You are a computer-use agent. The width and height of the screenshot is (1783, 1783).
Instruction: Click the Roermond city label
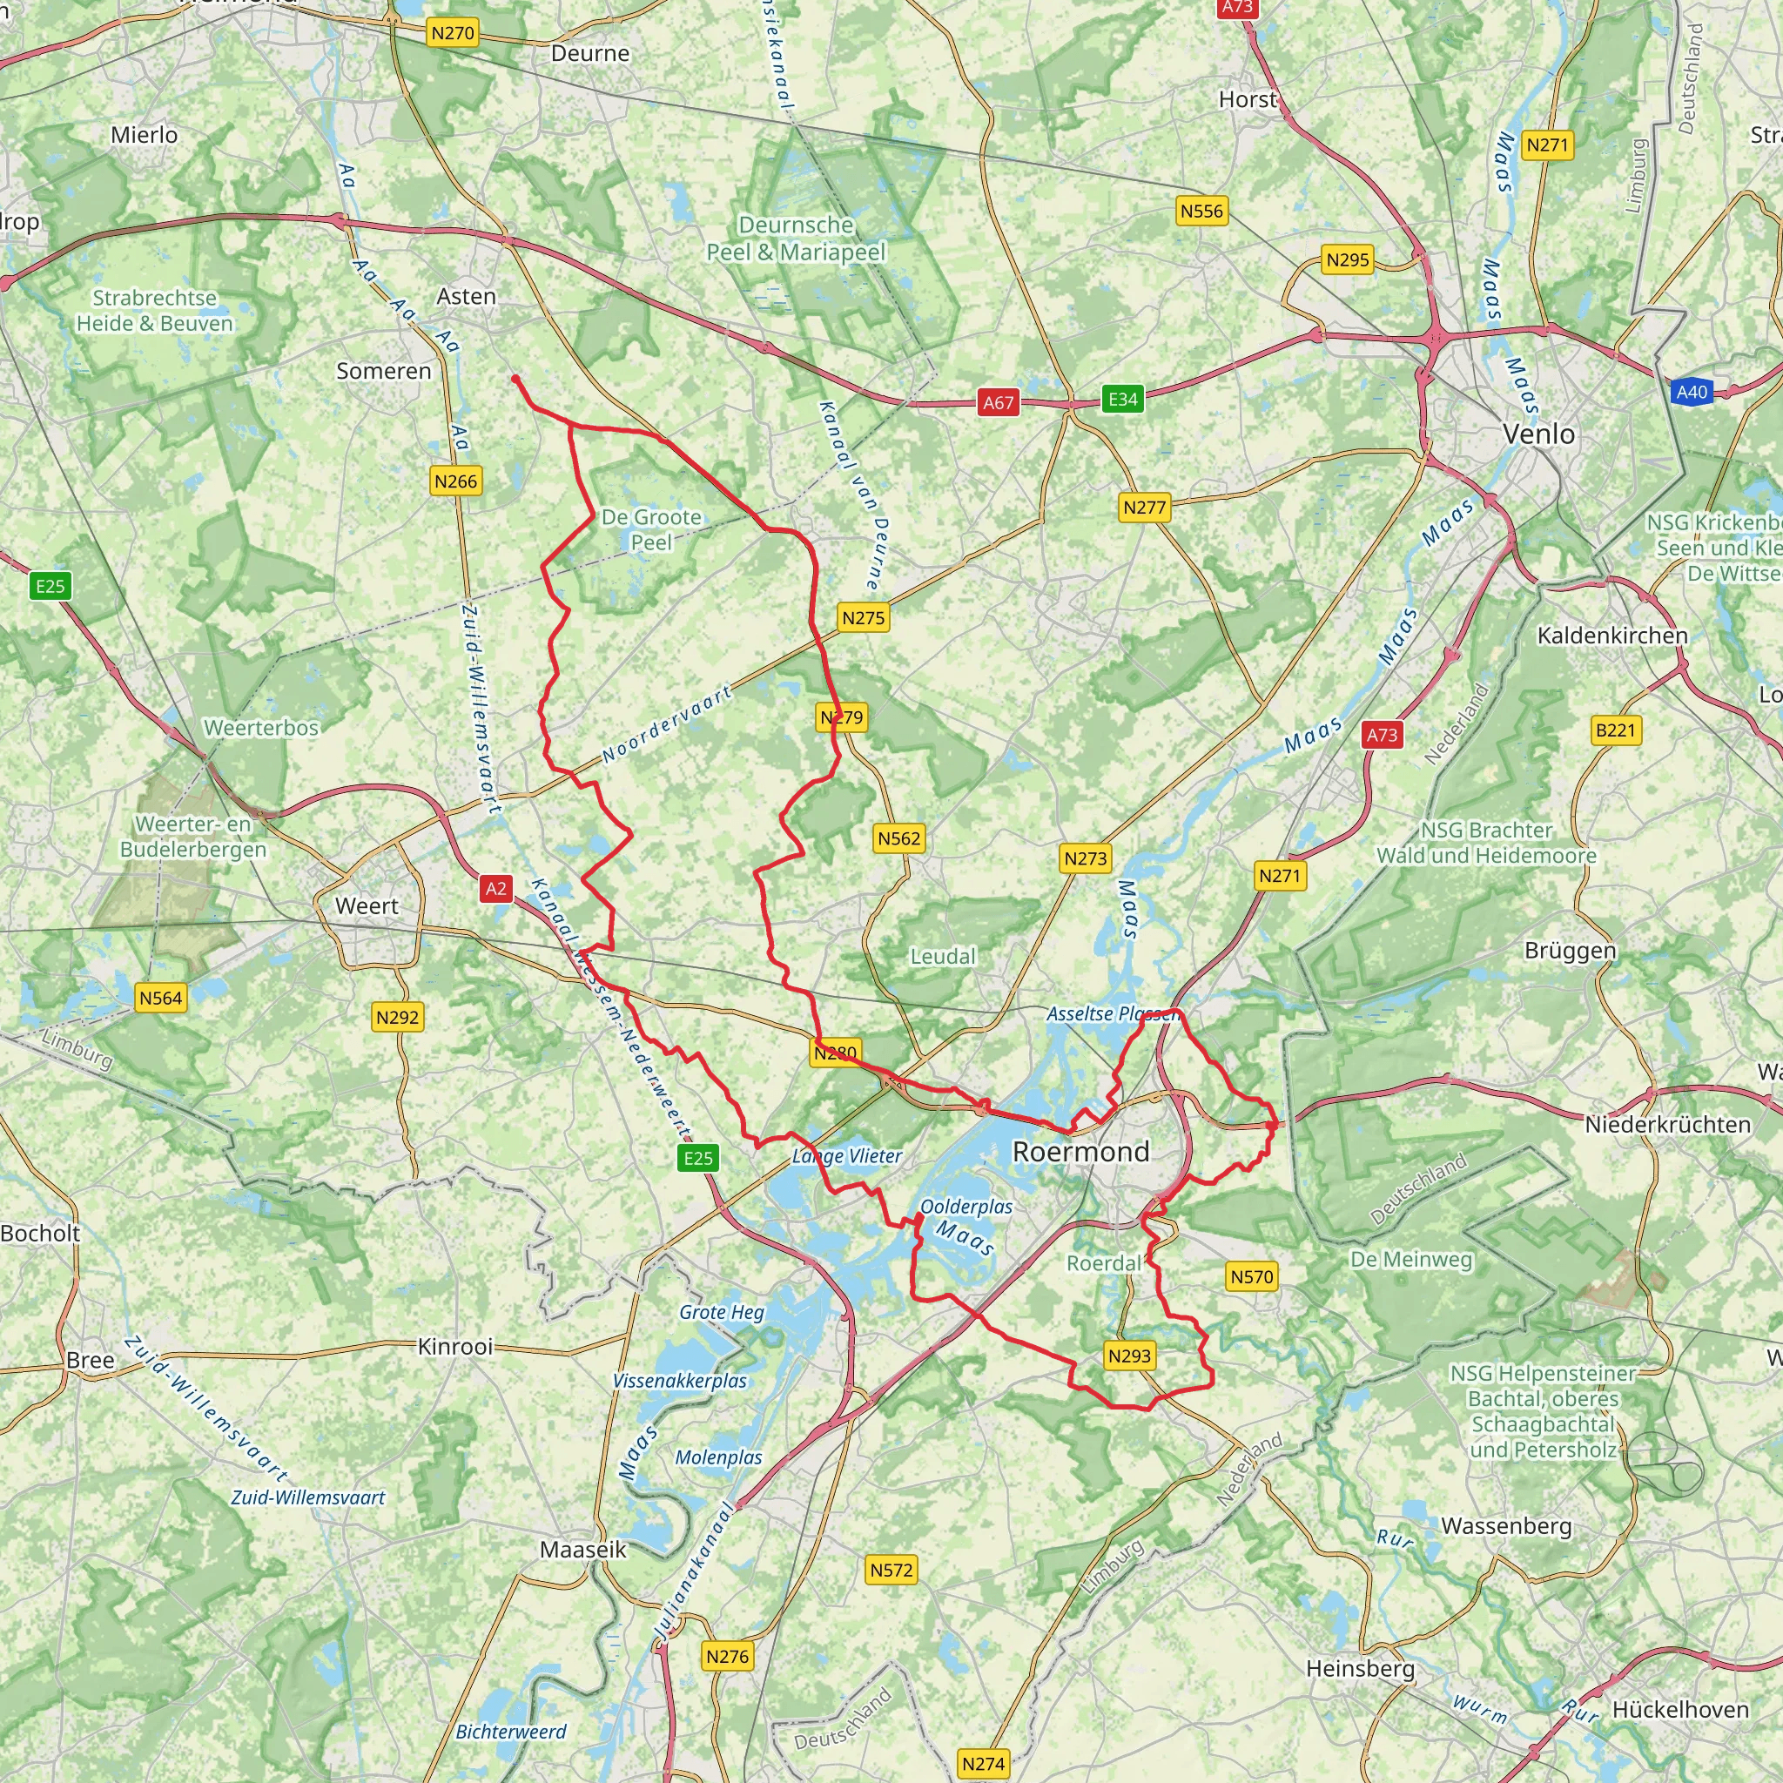[x=1080, y=1151]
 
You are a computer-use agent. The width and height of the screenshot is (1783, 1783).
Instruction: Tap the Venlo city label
[x=1538, y=434]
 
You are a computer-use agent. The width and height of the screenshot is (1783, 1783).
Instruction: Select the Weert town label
[x=367, y=905]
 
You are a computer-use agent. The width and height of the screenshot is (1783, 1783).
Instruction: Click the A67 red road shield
[x=998, y=402]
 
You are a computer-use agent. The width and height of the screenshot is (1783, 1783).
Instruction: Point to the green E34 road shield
[x=1122, y=399]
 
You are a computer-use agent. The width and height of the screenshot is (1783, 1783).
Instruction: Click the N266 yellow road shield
[x=456, y=481]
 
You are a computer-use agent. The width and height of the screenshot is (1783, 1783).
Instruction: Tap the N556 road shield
[x=1201, y=212]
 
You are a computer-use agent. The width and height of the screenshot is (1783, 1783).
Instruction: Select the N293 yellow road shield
[x=1129, y=1356]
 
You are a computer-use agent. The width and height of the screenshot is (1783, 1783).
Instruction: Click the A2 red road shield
[x=495, y=888]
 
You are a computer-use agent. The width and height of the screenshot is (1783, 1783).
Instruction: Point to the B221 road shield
[x=1615, y=730]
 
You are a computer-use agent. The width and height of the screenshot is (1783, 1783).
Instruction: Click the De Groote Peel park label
[x=650, y=529]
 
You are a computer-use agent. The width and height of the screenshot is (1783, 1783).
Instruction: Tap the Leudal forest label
[x=942, y=956]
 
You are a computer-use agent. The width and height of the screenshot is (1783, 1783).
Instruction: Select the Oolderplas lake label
[x=966, y=1206]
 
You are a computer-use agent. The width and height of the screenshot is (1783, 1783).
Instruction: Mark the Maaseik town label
[x=583, y=1550]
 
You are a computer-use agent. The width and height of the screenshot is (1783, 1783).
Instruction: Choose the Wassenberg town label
[x=1506, y=1525]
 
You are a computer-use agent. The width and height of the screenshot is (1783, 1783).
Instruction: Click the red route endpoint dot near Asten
[x=515, y=379]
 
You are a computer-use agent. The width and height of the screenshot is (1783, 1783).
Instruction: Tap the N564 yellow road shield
[x=160, y=998]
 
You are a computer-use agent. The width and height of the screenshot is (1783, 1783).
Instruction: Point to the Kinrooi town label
[x=455, y=1347]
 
